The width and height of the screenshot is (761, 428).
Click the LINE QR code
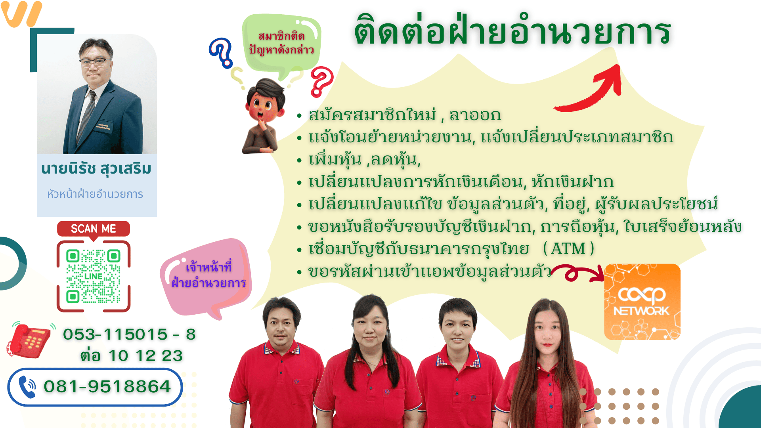tap(94, 276)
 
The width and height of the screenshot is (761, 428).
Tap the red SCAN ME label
tap(94, 229)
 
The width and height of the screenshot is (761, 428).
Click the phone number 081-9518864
tap(107, 386)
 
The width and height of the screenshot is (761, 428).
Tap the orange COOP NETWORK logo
tap(642, 302)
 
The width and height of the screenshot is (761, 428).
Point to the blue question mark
tap(221, 52)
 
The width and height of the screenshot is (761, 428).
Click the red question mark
tap(321, 82)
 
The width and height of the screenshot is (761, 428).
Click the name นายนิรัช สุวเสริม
tap(96, 168)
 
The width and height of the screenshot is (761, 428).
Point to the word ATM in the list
tap(568, 249)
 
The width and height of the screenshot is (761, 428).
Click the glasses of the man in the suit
tap(95, 62)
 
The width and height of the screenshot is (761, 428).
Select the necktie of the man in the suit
tap(87, 117)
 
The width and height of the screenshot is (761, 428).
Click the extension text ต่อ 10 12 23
tap(131, 355)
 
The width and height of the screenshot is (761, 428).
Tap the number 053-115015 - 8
tap(129, 334)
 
